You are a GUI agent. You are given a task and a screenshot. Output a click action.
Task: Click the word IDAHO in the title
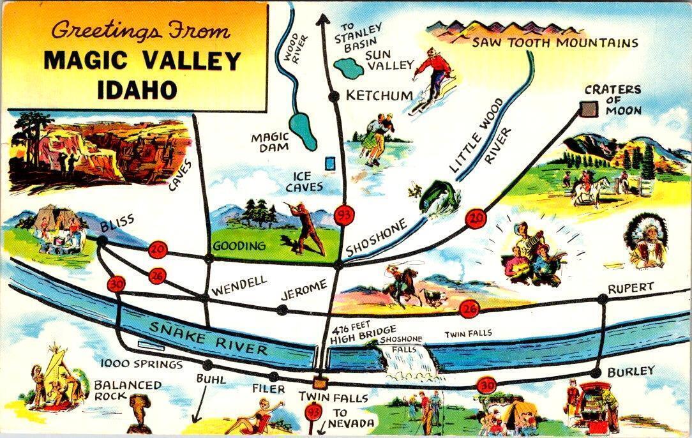click(x=137, y=88)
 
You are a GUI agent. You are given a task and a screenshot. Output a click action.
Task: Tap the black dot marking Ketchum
click(x=333, y=96)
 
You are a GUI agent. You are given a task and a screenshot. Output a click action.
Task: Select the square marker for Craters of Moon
click(x=588, y=109)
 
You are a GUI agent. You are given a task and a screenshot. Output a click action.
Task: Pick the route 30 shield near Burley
click(x=486, y=386)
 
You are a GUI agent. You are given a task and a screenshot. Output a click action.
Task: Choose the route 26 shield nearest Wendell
click(x=158, y=276)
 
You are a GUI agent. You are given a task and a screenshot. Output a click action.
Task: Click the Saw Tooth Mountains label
click(x=555, y=43)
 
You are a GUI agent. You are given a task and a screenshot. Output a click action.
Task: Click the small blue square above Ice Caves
click(x=329, y=163)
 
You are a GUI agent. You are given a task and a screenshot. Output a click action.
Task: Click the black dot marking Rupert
click(x=603, y=299)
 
